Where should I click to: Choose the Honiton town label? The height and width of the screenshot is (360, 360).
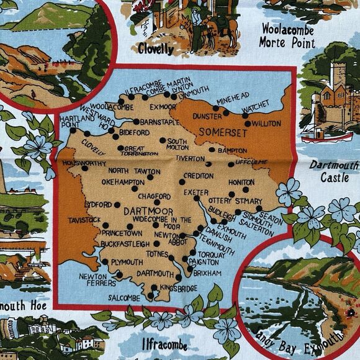(241, 182)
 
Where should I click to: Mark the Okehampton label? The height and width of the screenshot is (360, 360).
(126, 182)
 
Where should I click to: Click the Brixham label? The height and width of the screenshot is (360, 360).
(207, 272)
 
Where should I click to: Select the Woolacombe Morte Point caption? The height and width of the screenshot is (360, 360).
(287, 36)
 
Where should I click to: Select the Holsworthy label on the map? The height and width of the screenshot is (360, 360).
(83, 163)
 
